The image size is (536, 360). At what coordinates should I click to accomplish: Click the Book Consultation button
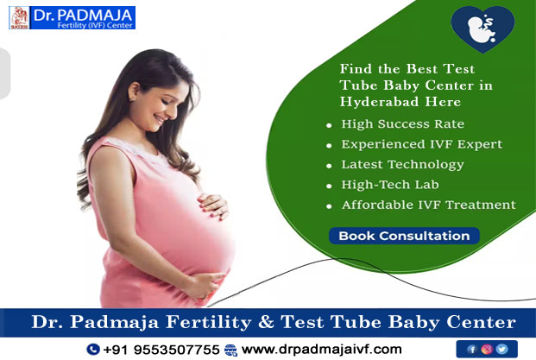pos(404,236)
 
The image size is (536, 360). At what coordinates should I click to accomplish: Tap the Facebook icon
pos(472,350)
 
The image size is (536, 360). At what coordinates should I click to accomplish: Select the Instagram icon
pos(487,349)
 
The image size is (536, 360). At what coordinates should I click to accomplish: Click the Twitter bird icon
pos(501,349)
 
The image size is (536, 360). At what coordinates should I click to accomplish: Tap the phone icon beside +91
pos(93,349)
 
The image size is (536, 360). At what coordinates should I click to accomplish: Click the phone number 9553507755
pos(176,350)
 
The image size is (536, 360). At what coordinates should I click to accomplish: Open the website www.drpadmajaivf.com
pos(322,350)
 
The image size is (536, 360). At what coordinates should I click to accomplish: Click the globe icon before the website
pos(230,351)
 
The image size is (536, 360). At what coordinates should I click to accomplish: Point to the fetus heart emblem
pos(482,28)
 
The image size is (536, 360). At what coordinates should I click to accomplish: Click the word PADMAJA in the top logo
pos(95,15)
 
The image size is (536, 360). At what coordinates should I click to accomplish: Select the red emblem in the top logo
pos(20,18)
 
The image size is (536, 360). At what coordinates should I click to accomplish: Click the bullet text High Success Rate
pos(403,123)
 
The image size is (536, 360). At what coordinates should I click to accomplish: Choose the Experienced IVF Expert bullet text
pos(422,144)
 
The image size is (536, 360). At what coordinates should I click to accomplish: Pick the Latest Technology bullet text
pos(403,165)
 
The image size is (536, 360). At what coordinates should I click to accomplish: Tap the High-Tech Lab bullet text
pos(390,185)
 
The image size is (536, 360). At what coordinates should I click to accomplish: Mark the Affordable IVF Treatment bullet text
pos(429,205)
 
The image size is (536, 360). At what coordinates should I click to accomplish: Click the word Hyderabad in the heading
pos(379,102)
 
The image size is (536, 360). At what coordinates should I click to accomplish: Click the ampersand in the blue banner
pos(266,322)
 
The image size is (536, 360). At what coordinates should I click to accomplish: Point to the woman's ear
pos(134,92)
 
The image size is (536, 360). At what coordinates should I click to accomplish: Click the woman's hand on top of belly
pos(213,205)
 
